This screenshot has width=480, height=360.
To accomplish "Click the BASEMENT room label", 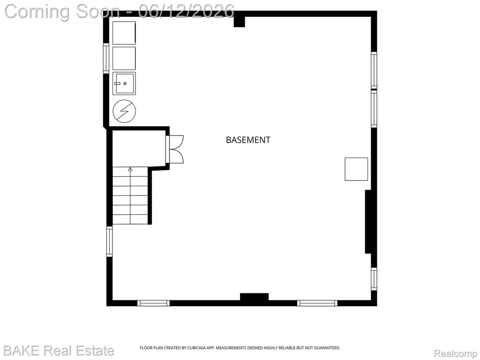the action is (x=248, y=140).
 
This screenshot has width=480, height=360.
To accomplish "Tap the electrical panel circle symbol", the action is (x=124, y=111).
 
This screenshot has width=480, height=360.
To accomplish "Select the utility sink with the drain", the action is (x=124, y=83).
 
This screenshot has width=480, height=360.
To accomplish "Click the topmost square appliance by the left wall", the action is (x=124, y=33).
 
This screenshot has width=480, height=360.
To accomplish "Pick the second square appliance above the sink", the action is (x=124, y=58).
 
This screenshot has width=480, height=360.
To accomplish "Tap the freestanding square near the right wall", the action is (x=356, y=169).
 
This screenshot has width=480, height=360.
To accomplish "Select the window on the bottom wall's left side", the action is (x=153, y=303).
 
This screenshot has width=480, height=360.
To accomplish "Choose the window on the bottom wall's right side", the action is (x=317, y=303).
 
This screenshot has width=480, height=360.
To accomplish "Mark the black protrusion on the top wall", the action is (x=240, y=22).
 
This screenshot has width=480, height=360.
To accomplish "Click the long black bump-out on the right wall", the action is (x=368, y=222).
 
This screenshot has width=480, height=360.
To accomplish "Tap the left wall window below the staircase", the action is (x=109, y=241).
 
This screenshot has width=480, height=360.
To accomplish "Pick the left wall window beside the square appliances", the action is (x=106, y=58).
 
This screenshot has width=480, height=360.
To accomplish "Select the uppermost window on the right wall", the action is (x=374, y=70).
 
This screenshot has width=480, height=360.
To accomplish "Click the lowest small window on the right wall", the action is (x=374, y=278).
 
